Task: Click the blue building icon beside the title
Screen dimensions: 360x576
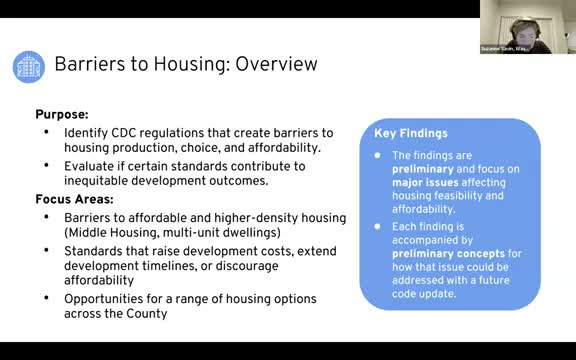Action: [x=28, y=66]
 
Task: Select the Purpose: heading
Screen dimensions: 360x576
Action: [x=63, y=115]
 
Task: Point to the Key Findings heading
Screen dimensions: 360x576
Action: [x=410, y=133]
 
